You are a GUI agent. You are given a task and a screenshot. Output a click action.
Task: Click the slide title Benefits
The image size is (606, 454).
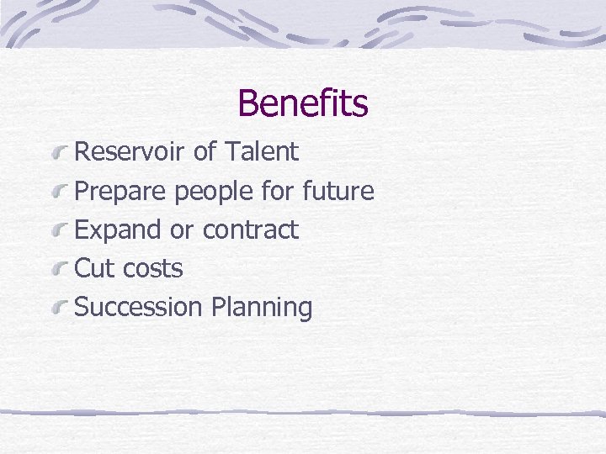[303, 103]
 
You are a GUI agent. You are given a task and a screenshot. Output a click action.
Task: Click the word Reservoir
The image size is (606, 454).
[130, 152]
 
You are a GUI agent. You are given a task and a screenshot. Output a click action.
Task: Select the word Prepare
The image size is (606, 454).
[121, 192]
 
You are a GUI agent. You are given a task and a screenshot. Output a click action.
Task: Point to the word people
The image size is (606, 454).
[215, 192]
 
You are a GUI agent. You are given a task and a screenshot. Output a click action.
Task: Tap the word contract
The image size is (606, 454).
[251, 230]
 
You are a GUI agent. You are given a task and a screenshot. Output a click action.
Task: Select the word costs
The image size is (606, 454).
[152, 268]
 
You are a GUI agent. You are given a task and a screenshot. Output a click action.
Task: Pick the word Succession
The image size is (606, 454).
[139, 307]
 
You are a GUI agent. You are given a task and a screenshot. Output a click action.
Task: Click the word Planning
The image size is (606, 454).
[262, 307]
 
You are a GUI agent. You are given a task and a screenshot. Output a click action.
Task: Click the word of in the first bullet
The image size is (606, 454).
[204, 152]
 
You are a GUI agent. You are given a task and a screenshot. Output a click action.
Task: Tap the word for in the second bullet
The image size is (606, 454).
[277, 192]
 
